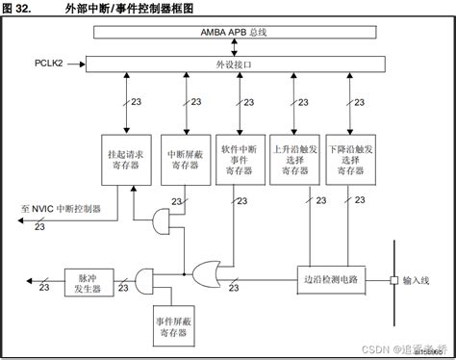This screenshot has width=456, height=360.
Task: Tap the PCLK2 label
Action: click(49, 63)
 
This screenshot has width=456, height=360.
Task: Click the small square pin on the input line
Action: click(393, 280)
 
